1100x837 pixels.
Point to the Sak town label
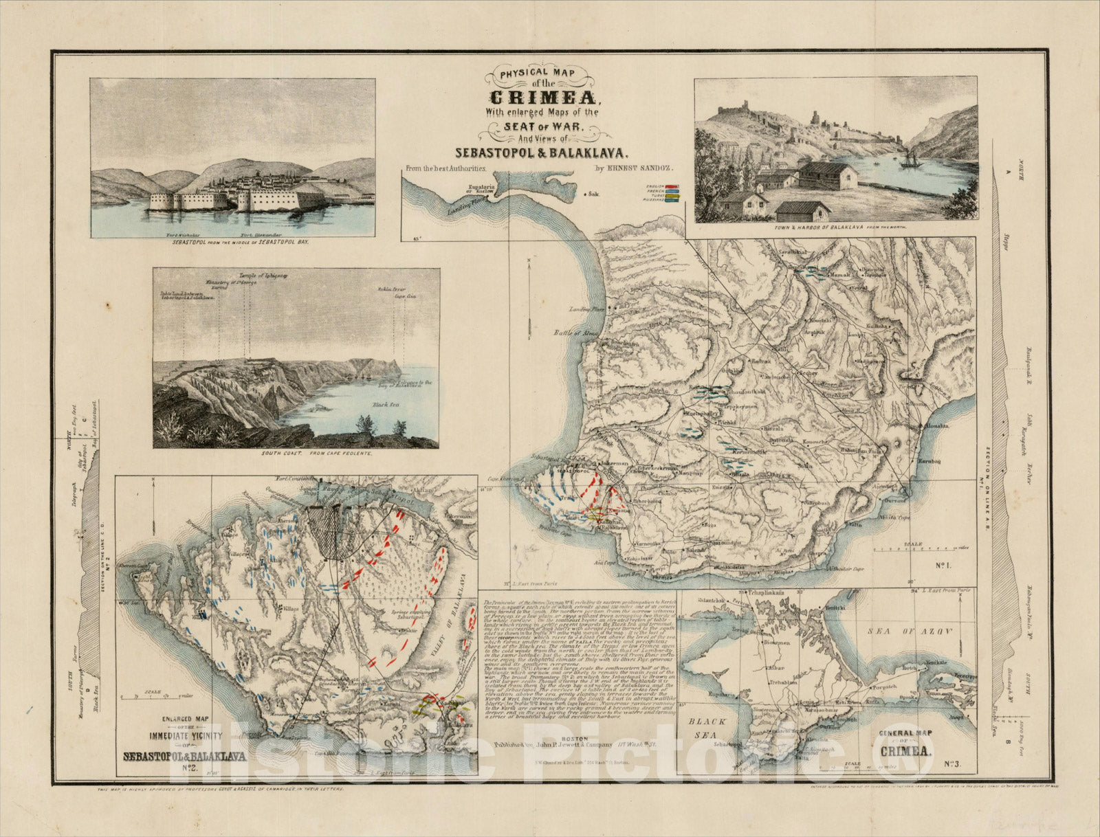(592, 194)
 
